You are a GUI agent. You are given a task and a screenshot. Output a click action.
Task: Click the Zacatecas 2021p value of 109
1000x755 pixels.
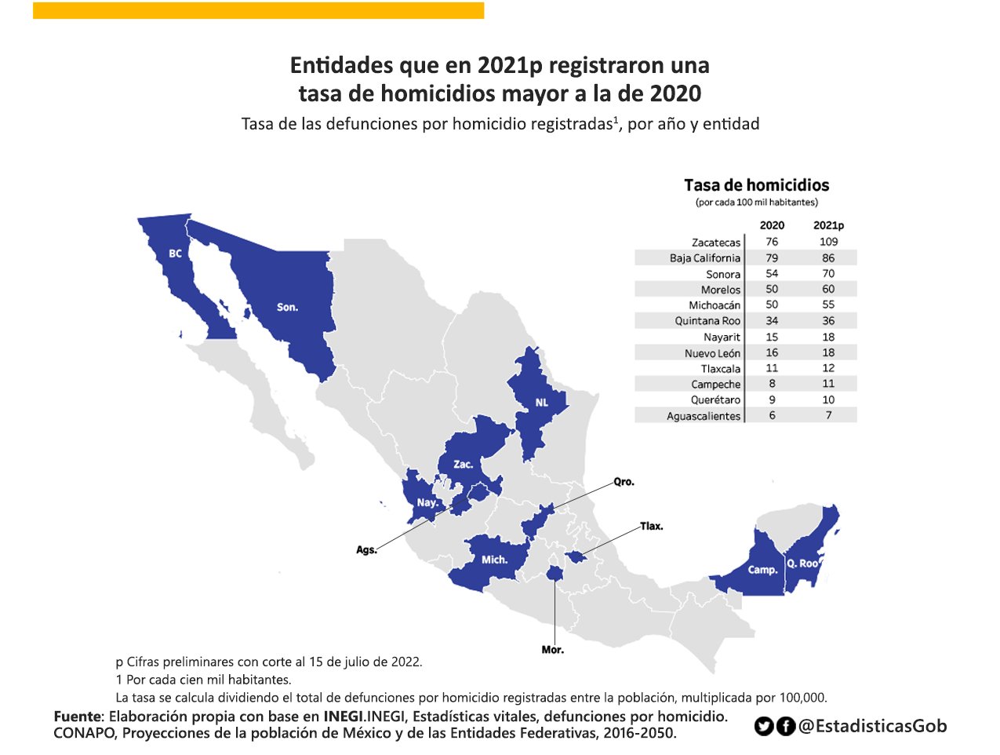(x=828, y=242)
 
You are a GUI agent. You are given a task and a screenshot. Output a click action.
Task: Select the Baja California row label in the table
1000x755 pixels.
(x=704, y=258)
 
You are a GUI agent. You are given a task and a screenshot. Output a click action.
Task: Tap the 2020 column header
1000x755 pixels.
(x=772, y=225)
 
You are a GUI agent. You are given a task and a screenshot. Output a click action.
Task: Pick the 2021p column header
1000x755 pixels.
(x=828, y=225)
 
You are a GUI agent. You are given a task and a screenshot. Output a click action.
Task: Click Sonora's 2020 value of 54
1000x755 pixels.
(x=772, y=274)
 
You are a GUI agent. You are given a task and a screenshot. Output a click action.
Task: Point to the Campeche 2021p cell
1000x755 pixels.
(x=828, y=384)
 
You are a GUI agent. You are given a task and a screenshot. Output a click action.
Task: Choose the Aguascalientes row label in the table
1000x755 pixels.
(x=703, y=416)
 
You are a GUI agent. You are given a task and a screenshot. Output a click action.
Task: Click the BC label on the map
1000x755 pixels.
(x=175, y=253)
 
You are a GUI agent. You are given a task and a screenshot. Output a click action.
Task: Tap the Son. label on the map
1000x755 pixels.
(x=287, y=307)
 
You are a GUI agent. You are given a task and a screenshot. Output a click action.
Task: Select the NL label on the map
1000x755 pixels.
(x=541, y=403)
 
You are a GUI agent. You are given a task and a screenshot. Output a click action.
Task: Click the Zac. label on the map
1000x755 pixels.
(x=463, y=464)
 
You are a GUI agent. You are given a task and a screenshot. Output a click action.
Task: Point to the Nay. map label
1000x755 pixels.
(x=427, y=502)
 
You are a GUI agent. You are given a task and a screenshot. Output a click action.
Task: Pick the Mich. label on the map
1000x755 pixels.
(x=494, y=560)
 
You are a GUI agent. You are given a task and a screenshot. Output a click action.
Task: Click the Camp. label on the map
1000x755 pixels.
(x=762, y=570)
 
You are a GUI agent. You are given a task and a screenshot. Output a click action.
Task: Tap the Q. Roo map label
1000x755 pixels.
(x=802, y=564)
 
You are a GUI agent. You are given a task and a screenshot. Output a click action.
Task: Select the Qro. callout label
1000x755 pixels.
(x=624, y=482)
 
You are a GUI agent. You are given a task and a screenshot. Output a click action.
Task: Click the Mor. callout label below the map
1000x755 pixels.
(x=552, y=650)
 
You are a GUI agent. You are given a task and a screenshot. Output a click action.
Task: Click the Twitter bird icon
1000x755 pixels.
(x=763, y=727)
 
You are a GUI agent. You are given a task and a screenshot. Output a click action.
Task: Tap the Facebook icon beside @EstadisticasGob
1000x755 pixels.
(x=785, y=727)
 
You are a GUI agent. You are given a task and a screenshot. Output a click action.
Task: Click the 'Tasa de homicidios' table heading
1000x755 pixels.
(x=756, y=185)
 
